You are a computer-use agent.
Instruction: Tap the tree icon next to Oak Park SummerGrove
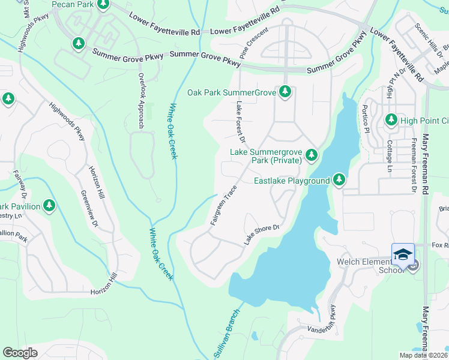coord(286,92)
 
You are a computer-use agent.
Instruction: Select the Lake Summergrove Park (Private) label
coord(267,156)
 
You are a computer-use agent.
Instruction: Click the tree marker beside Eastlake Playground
coord(339,179)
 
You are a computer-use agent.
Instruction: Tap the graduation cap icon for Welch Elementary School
coord(403,254)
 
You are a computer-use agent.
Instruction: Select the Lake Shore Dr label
coord(262,235)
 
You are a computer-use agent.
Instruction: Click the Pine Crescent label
coord(253,42)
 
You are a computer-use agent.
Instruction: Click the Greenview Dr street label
coord(89,209)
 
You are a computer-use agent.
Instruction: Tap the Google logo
coord(20,352)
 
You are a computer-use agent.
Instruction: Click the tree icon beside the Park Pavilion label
coord(49,206)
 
